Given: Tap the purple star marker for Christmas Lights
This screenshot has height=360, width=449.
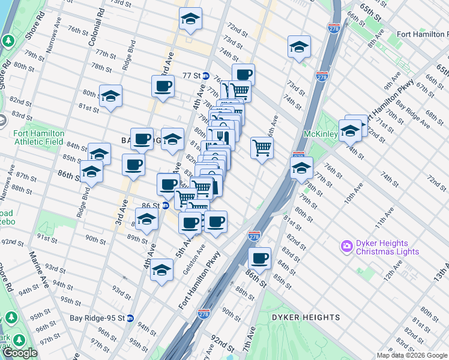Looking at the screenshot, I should tap(346, 246).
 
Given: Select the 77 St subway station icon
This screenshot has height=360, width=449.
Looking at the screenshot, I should tap(205, 76).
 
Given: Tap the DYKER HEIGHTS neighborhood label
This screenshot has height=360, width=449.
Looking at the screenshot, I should tap(306, 317).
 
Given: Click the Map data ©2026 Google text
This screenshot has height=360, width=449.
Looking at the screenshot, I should tap(412, 355).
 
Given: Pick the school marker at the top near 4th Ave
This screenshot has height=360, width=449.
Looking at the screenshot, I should tap(190, 19).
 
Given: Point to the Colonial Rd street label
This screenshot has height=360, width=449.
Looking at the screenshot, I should tap(92, 30).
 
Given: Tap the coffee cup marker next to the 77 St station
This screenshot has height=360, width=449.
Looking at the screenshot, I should tap(243, 74).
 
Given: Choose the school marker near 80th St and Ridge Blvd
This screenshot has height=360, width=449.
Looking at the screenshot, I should tap(110, 96).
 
